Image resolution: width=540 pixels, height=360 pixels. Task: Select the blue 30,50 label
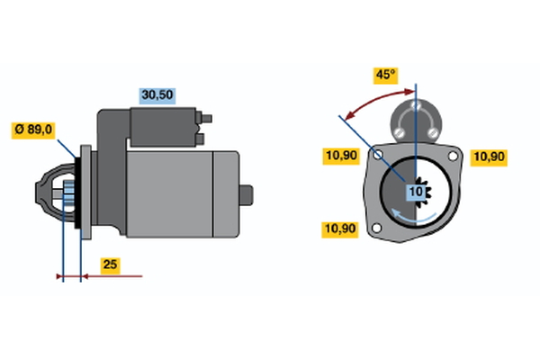[x=157, y=94]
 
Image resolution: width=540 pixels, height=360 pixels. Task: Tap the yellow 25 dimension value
[x=109, y=265]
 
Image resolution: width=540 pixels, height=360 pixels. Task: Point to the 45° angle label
[x=385, y=75]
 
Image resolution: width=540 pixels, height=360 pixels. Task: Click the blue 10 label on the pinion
[x=417, y=192]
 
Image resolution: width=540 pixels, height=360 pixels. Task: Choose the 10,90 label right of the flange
[x=490, y=156]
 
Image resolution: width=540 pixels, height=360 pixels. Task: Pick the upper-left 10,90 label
[x=341, y=156]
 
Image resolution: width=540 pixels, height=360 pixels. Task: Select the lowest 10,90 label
[x=341, y=229]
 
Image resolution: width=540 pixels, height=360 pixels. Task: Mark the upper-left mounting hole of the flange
[x=380, y=157]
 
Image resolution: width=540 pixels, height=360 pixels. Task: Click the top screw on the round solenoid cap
[x=417, y=105]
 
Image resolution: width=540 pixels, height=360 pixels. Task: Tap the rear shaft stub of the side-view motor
[x=249, y=193]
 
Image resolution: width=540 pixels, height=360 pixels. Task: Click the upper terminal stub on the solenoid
[x=207, y=116]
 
